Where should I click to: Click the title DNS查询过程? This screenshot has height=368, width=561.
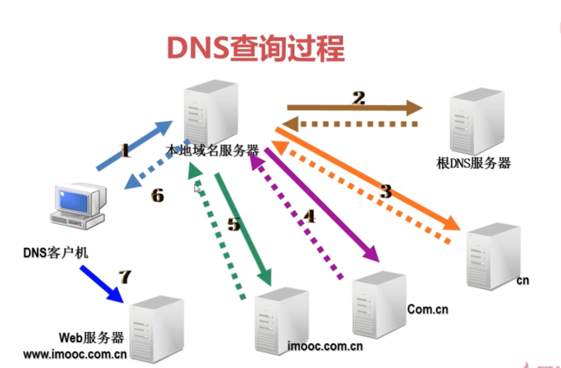pyautogui.click(x=256, y=49)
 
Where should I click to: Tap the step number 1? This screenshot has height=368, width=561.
pyautogui.click(x=125, y=151)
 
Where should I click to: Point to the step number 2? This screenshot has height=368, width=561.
pyautogui.click(x=358, y=98)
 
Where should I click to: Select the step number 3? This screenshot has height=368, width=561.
pyautogui.click(x=385, y=191)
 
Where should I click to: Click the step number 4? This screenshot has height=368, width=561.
pyautogui.click(x=309, y=216)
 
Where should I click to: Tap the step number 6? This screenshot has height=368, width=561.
pyautogui.click(x=157, y=195)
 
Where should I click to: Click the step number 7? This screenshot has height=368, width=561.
pyautogui.click(x=124, y=276)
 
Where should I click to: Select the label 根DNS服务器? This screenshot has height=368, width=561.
pyautogui.click(x=473, y=163)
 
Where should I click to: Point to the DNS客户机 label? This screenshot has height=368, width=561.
pyautogui.click(x=55, y=252)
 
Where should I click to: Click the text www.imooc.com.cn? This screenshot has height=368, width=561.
pyautogui.click(x=75, y=354)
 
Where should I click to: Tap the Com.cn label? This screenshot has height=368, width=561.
pyautogui.click(x=428, y=309)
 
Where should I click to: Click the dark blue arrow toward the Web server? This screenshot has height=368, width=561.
pyautogui.click(x=101, y=283)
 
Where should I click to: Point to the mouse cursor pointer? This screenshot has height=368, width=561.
pyautogui.click(x=197, y=188)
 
